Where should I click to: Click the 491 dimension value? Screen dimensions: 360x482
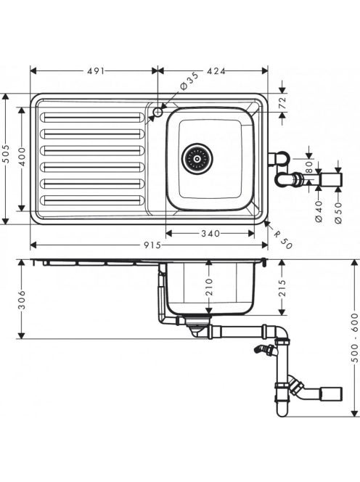[96, 71]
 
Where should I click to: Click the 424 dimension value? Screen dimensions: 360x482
[216, 71]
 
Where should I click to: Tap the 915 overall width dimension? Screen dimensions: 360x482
[152, 245]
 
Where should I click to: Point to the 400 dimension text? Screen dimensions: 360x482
[22, 157]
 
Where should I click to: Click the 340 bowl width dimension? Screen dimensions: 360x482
[210, 234]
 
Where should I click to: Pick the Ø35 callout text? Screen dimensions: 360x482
[189, 81]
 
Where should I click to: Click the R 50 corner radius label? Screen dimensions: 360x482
[282, 240]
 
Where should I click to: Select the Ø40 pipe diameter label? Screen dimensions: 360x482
[319, 211]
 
